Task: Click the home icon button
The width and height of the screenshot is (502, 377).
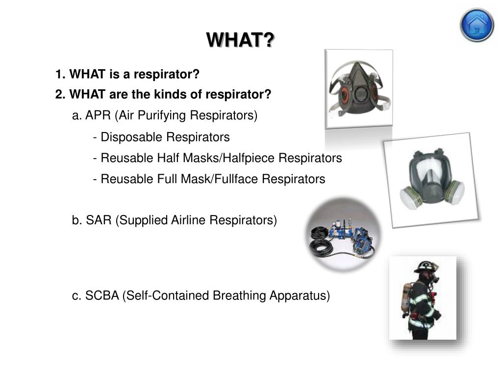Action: [x=477, y=25]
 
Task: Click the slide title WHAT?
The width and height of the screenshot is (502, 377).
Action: [x=240, y=40]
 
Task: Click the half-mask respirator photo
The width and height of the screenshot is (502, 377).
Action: [x=358, y=88]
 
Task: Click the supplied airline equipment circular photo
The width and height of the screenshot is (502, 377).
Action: [x=343, y=235]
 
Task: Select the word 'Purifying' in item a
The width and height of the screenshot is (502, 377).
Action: [x=164, y=115]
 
